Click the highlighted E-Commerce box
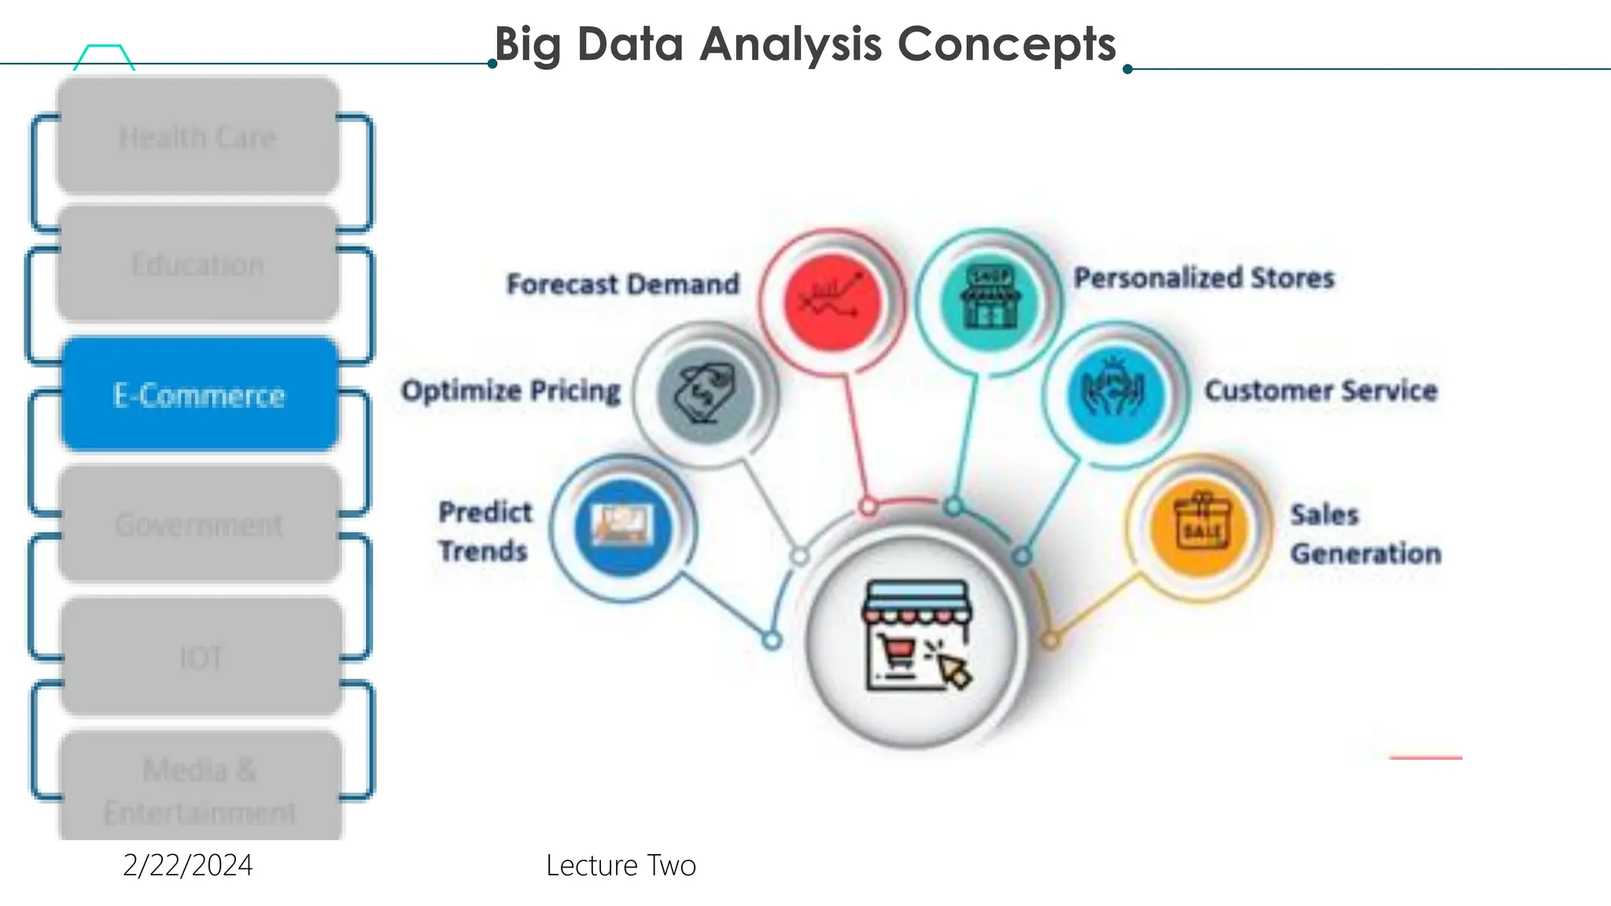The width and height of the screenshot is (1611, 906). pos(199,394)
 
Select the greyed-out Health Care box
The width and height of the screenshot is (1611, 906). pos(197,137)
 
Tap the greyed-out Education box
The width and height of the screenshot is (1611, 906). pos(197,264)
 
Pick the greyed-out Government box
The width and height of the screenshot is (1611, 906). pos(199,524)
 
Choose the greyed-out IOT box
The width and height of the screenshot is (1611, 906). pos(201,657)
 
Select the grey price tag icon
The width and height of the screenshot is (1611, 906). pos(706,393)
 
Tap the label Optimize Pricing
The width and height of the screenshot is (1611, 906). pos(511,391)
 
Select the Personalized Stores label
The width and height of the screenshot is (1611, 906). pos(1204,278)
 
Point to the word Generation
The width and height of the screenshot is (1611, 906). pos(1366,554)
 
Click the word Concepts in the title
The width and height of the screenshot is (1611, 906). pos(1006,44)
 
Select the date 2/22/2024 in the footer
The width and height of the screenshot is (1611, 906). pos(188,865)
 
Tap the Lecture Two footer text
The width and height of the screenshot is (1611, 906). pos(621,865)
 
